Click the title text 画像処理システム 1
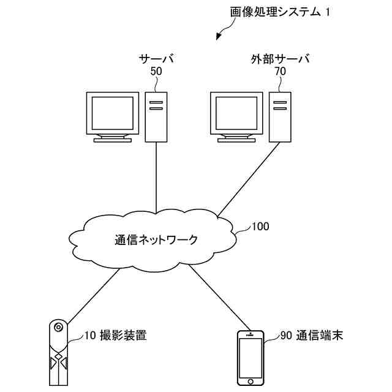[280, 12]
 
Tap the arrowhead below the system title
[219, 37]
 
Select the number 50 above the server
[156, 72]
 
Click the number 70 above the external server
[281, 72]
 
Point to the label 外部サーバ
[281, 59]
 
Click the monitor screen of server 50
[113, 113]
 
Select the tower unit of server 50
[156, 117]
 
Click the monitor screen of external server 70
[236, 113]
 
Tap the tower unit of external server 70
[280, 117]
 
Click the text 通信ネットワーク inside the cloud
[156, 239]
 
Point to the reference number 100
[260, 227]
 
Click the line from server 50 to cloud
[156, 178]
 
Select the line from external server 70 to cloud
[249, 179]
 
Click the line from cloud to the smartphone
[219, 297]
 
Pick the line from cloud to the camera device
[94, 296]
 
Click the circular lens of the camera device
[59, 327]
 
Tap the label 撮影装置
[123, 335]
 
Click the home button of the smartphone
[251, 382]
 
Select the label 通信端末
[320, 335]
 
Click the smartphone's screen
[251, 358]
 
